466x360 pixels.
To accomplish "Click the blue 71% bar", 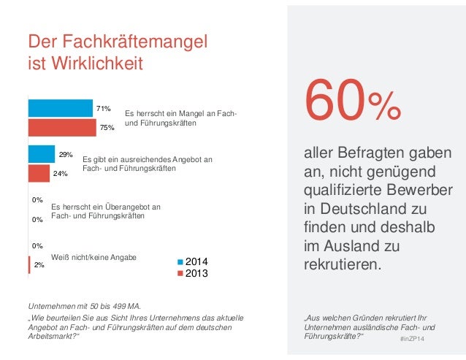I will [x=60, y=108].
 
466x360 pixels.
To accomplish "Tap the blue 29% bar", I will [x=41, y=154].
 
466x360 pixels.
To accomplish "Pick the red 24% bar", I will [x=39, y=173].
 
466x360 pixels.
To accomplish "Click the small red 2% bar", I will [x=28, y=265].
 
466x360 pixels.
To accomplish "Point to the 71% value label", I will [x=103, y=109].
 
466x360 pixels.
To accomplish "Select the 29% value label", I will [x=65, y=155].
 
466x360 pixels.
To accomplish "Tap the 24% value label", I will [x=60, y=174].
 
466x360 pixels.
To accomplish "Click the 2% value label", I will [x=39, y=266].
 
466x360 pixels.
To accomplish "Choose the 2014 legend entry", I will [x=194, y=261].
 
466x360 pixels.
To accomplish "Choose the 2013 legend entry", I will [x=194, y=274].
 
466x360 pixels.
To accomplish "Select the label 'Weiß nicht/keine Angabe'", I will [x=93, y=257].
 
